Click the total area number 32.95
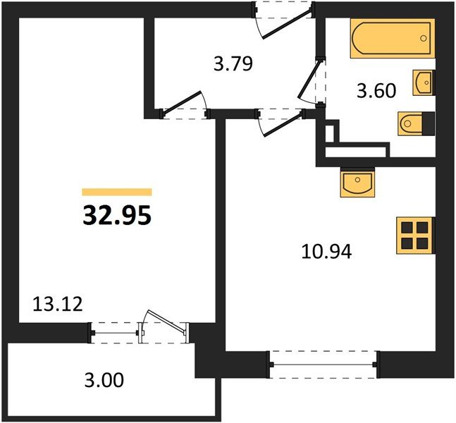point(117,216)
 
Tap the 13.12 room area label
point(58,305)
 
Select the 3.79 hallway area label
point(233,64)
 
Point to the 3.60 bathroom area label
point(376,90)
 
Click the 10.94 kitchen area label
point(326,252)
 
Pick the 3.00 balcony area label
point(104,380)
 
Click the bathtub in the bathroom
point(393,38)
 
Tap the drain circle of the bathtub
point(424,38)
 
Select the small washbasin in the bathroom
point(424,82)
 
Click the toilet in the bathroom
point(416,123)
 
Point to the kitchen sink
point(357,183)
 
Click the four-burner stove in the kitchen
point(416,235)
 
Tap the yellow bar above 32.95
point(117,192)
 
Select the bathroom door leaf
point(309,78)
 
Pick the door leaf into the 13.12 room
point(181,103)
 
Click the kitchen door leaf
point(282,125)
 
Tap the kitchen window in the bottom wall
point(323,364)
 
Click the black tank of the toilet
point(429,123)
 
